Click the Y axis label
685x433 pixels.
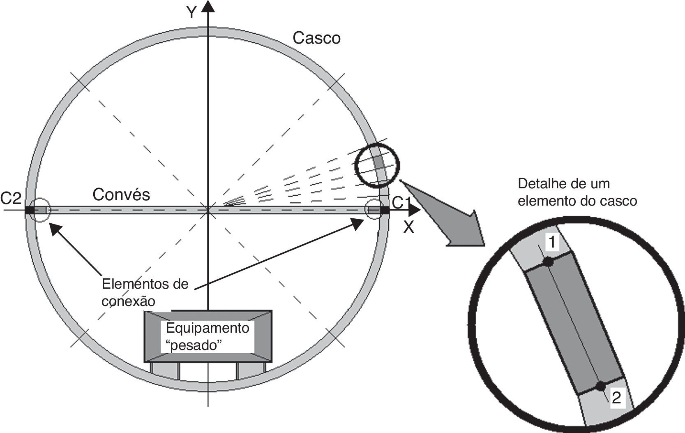tap(191, 12)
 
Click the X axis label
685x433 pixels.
tap(408, 227)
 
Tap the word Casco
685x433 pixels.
tap(316, 38)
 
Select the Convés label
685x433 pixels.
tap(121, 195)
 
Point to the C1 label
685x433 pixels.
tap(401, 203)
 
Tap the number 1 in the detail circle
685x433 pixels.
tap(553, 243)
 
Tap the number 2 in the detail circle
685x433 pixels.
tap(616, 398)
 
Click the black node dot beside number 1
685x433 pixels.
tap(548, 262)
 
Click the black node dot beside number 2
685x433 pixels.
tap(601, 386)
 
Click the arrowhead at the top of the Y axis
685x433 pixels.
tap(208, 6)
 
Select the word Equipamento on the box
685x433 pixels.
tap(208, 328)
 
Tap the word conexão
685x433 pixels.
tap(128, 301)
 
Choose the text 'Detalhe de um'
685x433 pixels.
tap(564, 183)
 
